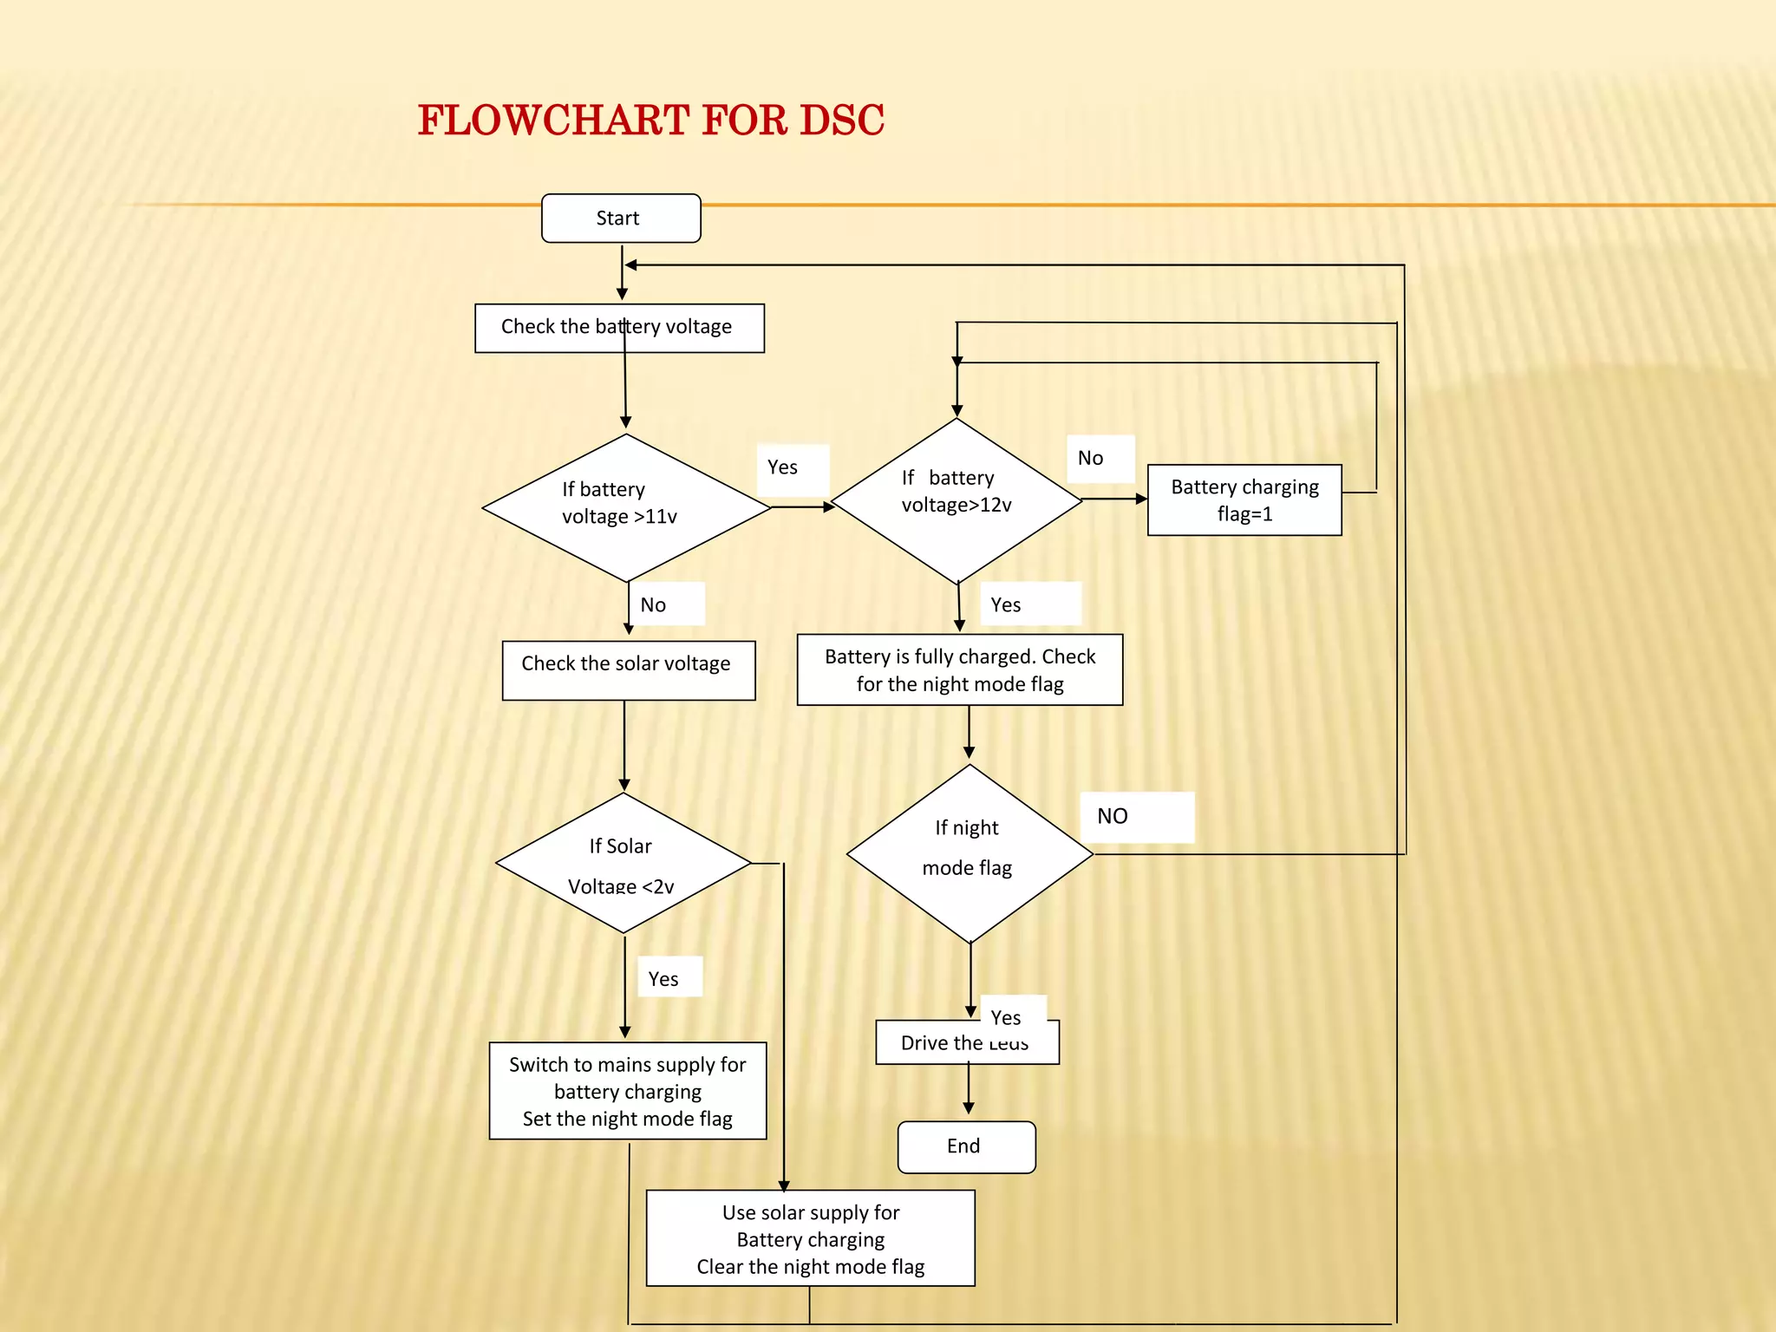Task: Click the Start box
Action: point(621,218)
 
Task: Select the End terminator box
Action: point(966,1146)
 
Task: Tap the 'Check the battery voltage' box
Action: point(619,328)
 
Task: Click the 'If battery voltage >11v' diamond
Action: point(626,507)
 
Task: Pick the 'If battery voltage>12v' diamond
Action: point(957,500)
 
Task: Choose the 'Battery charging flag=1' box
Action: point(1244,499)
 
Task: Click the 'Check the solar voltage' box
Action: point(628,669)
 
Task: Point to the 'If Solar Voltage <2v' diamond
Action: point(623,864)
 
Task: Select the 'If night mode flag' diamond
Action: point(969,853)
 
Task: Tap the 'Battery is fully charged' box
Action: point(959,669)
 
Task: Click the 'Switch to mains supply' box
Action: point(627,1090)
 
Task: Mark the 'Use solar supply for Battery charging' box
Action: point(810,1238)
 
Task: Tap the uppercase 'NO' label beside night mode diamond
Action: point(1113,816)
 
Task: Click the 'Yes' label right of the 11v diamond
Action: point(783,467)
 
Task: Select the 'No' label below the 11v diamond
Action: point(654,605)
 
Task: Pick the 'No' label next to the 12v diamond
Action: point(1091,458)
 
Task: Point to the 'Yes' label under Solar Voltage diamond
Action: point(664,979)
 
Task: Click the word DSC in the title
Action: point(841,121)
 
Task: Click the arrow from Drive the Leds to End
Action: point(969,1091)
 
